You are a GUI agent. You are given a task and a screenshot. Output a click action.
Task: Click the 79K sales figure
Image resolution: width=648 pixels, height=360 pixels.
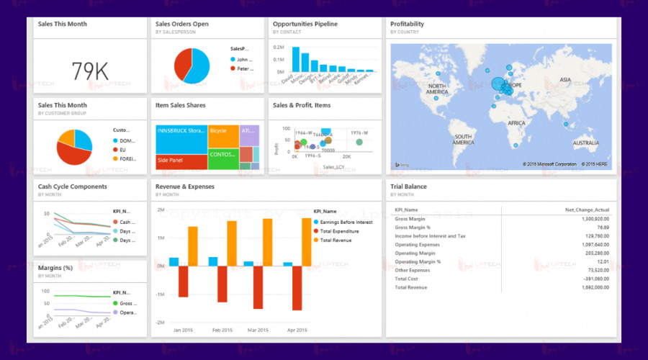click(91, 71)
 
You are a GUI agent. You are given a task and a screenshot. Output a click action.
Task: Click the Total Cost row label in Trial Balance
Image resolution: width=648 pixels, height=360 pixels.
click(408, 278)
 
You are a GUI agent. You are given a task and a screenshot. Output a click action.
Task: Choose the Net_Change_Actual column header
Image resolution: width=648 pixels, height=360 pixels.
click(588, 210)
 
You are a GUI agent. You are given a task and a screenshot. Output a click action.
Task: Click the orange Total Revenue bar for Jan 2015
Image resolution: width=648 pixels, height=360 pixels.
click(193, 246)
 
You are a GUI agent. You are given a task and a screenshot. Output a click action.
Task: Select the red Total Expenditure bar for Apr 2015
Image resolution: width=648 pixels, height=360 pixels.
click(297, 288)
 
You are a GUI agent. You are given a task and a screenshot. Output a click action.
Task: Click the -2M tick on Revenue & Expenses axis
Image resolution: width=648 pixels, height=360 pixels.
click(161, 322)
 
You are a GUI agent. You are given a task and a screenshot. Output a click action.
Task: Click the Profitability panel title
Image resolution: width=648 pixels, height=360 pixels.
click(408, 24)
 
